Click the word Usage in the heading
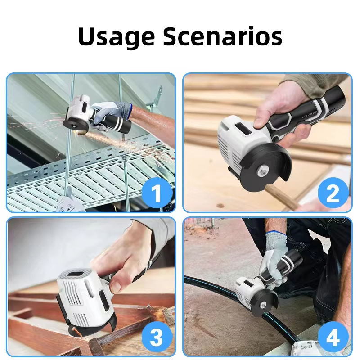[117, 37]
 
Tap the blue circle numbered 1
[157, 193]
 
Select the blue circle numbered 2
[333, 193]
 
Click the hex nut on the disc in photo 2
[263, 172]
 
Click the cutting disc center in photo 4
[263, 305]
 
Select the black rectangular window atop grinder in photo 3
[76, 274]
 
